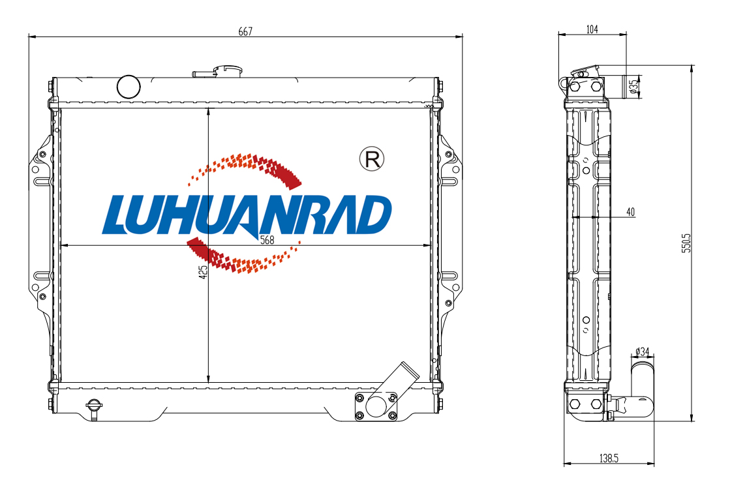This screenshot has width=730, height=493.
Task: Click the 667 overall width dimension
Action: (245, 31)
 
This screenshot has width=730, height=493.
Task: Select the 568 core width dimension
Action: (267, 240)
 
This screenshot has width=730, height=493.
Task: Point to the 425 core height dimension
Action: (203, 273)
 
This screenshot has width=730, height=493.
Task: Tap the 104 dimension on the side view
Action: (592, 29)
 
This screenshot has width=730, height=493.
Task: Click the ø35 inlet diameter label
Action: (633, 87)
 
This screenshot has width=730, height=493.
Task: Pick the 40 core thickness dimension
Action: (630, 213)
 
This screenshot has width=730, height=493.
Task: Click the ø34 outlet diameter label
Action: (643, 351)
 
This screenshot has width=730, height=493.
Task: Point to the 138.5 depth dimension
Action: (609, 458)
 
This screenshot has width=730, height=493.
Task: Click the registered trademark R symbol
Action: (372, 158)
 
